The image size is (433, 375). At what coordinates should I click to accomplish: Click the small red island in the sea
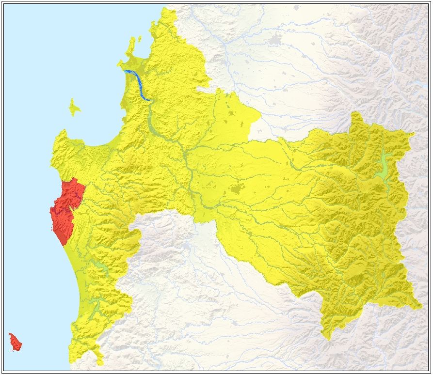pos(15,342)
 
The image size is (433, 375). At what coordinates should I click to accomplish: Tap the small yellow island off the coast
pos(74,108)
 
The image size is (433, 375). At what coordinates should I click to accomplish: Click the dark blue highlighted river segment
pos(138,84)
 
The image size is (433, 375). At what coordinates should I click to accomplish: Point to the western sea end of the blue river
pos(126,72)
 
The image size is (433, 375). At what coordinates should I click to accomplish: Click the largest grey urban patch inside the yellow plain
pos(238,189)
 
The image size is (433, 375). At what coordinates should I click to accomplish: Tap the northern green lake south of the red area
pos(101,267)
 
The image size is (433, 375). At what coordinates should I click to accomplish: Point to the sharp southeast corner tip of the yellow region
pos(420,307)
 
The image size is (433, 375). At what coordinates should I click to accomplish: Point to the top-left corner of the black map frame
pos(4,4)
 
